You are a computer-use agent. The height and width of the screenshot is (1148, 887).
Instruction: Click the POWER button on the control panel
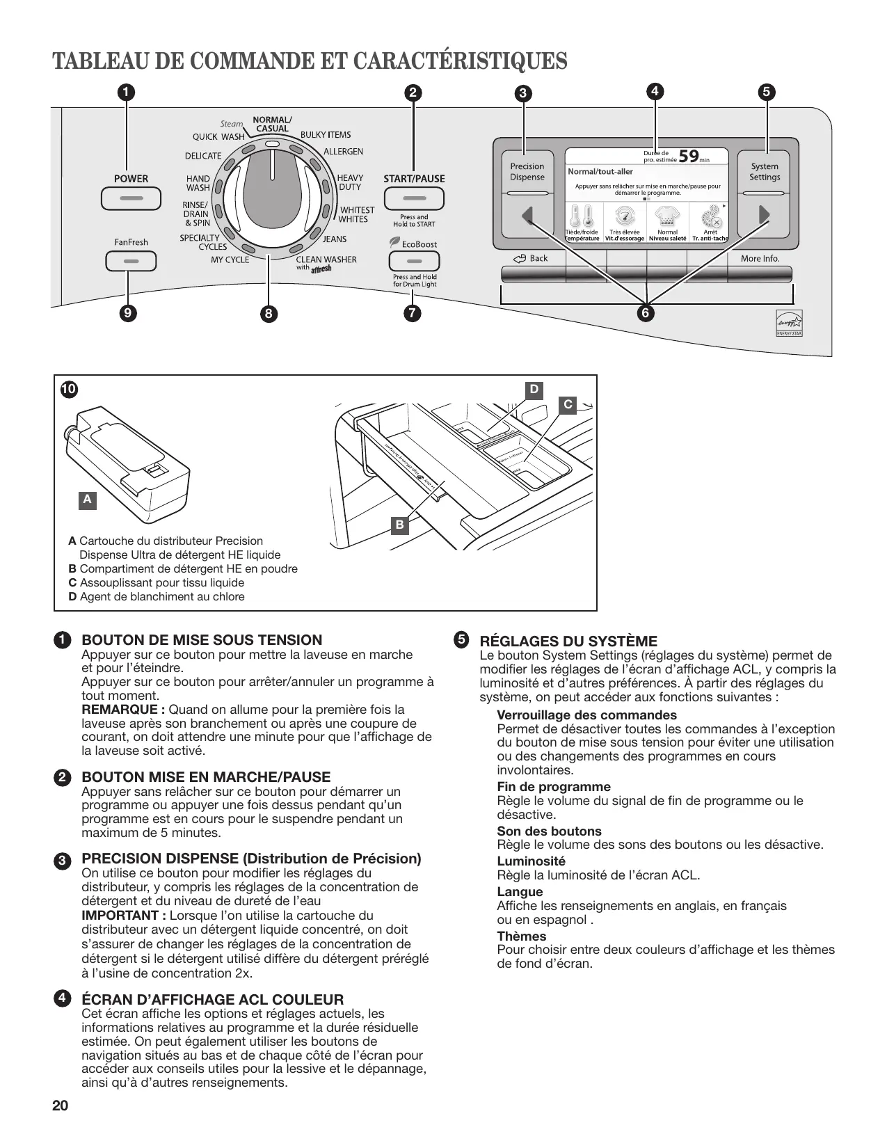coord(131,198)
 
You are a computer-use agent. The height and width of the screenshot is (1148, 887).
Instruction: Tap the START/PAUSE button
coord(414,199)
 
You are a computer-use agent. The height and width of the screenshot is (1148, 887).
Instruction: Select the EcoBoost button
coord(414,262)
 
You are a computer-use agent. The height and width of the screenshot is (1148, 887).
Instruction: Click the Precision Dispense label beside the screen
coord(527,172)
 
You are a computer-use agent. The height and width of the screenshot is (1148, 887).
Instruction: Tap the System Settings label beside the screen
coord(765,172)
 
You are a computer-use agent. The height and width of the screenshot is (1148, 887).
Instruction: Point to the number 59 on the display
coord(688,156)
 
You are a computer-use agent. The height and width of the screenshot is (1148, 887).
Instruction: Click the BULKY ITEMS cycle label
coord(326,135)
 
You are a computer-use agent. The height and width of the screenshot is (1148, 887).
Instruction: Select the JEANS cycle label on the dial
coord(335,239)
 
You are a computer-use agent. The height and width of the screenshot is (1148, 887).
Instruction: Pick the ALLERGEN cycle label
coord(343,152)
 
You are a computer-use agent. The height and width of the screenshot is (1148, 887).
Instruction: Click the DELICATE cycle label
coord(203,156)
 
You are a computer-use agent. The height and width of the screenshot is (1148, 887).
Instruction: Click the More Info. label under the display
coord(760,259)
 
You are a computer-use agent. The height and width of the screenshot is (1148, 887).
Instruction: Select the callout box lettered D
coord(534,390)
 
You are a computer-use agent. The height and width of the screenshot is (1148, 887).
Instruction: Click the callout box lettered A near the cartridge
coord(87,500)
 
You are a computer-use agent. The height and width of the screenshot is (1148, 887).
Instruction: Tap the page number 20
coord(61,1106)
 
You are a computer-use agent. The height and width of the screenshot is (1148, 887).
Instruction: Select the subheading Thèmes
coord(522,936)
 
